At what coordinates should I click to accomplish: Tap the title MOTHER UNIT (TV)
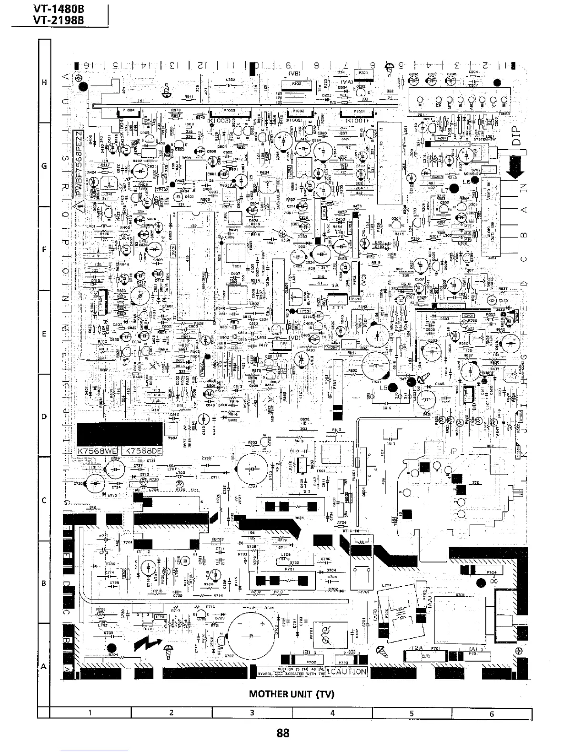pyautogui.click(x=291, y=694)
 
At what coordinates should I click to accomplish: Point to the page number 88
pyautogui.click(x=283, y=733)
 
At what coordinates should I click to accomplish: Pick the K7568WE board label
pyautogui.click(x=98, y=451)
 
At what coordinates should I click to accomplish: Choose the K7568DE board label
pyautogui.click(x=142, y=451)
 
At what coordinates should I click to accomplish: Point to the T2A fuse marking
pyautogui.click(x=417, y=649)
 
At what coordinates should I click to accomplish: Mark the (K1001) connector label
pyautogui.click(x=354, y=121)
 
